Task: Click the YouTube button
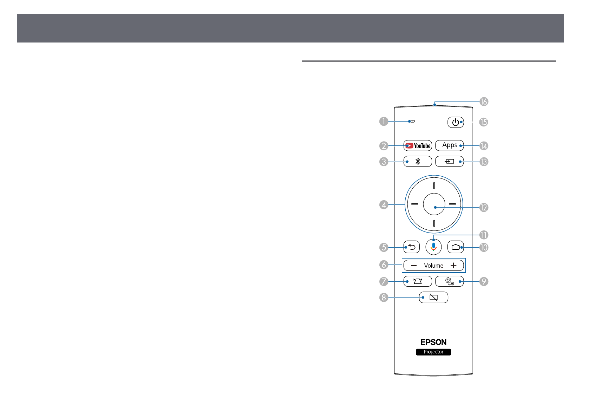(x=417, y=145)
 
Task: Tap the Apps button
(x=449, y=145)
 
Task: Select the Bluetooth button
(x=417, y=161)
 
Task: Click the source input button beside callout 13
(x=449, y=161)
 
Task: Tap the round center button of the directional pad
(x=434, y=204)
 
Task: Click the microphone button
(x=433, y=247)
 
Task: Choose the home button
(x=456, y=247)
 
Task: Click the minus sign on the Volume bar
(x=414, y=265)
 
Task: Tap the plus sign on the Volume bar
(x=453, y=265)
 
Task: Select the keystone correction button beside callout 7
(x=417, y=281)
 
